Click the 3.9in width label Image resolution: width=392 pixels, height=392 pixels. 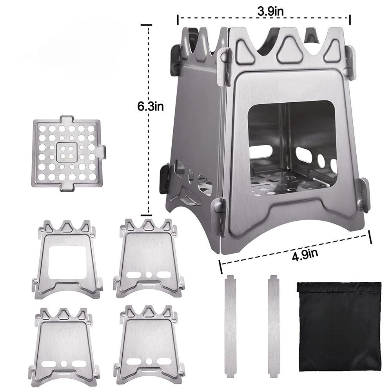point(270,11)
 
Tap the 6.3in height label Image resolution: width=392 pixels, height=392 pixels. point(150,107)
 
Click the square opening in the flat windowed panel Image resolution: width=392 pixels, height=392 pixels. point(67,262)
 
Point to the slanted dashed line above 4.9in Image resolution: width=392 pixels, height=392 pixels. point(294,248)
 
